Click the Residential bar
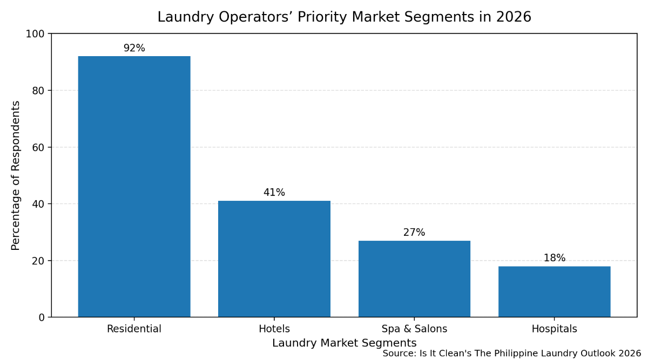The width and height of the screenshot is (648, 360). point(134,186)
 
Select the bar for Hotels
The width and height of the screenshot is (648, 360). point(274,259)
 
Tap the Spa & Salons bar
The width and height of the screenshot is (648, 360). point(414,279)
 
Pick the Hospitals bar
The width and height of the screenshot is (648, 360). point(554,291)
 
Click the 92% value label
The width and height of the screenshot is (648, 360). point(134,48)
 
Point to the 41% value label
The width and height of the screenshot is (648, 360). point(274,193)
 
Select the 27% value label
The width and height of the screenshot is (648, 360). point(414,233)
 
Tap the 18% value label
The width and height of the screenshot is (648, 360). point(554,258)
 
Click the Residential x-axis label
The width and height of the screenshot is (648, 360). point(134,329)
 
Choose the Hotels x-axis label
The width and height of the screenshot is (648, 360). point(274,329)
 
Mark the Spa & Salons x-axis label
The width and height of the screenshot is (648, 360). point(414,329)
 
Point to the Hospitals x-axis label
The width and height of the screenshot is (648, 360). point(554,329)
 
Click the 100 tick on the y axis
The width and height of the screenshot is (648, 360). point(36,34)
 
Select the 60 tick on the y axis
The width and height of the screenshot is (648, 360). point(38,147)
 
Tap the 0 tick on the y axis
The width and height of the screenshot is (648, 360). point(42,317)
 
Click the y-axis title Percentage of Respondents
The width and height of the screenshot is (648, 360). point(16,175)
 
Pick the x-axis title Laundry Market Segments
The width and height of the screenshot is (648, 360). point(344,343)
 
